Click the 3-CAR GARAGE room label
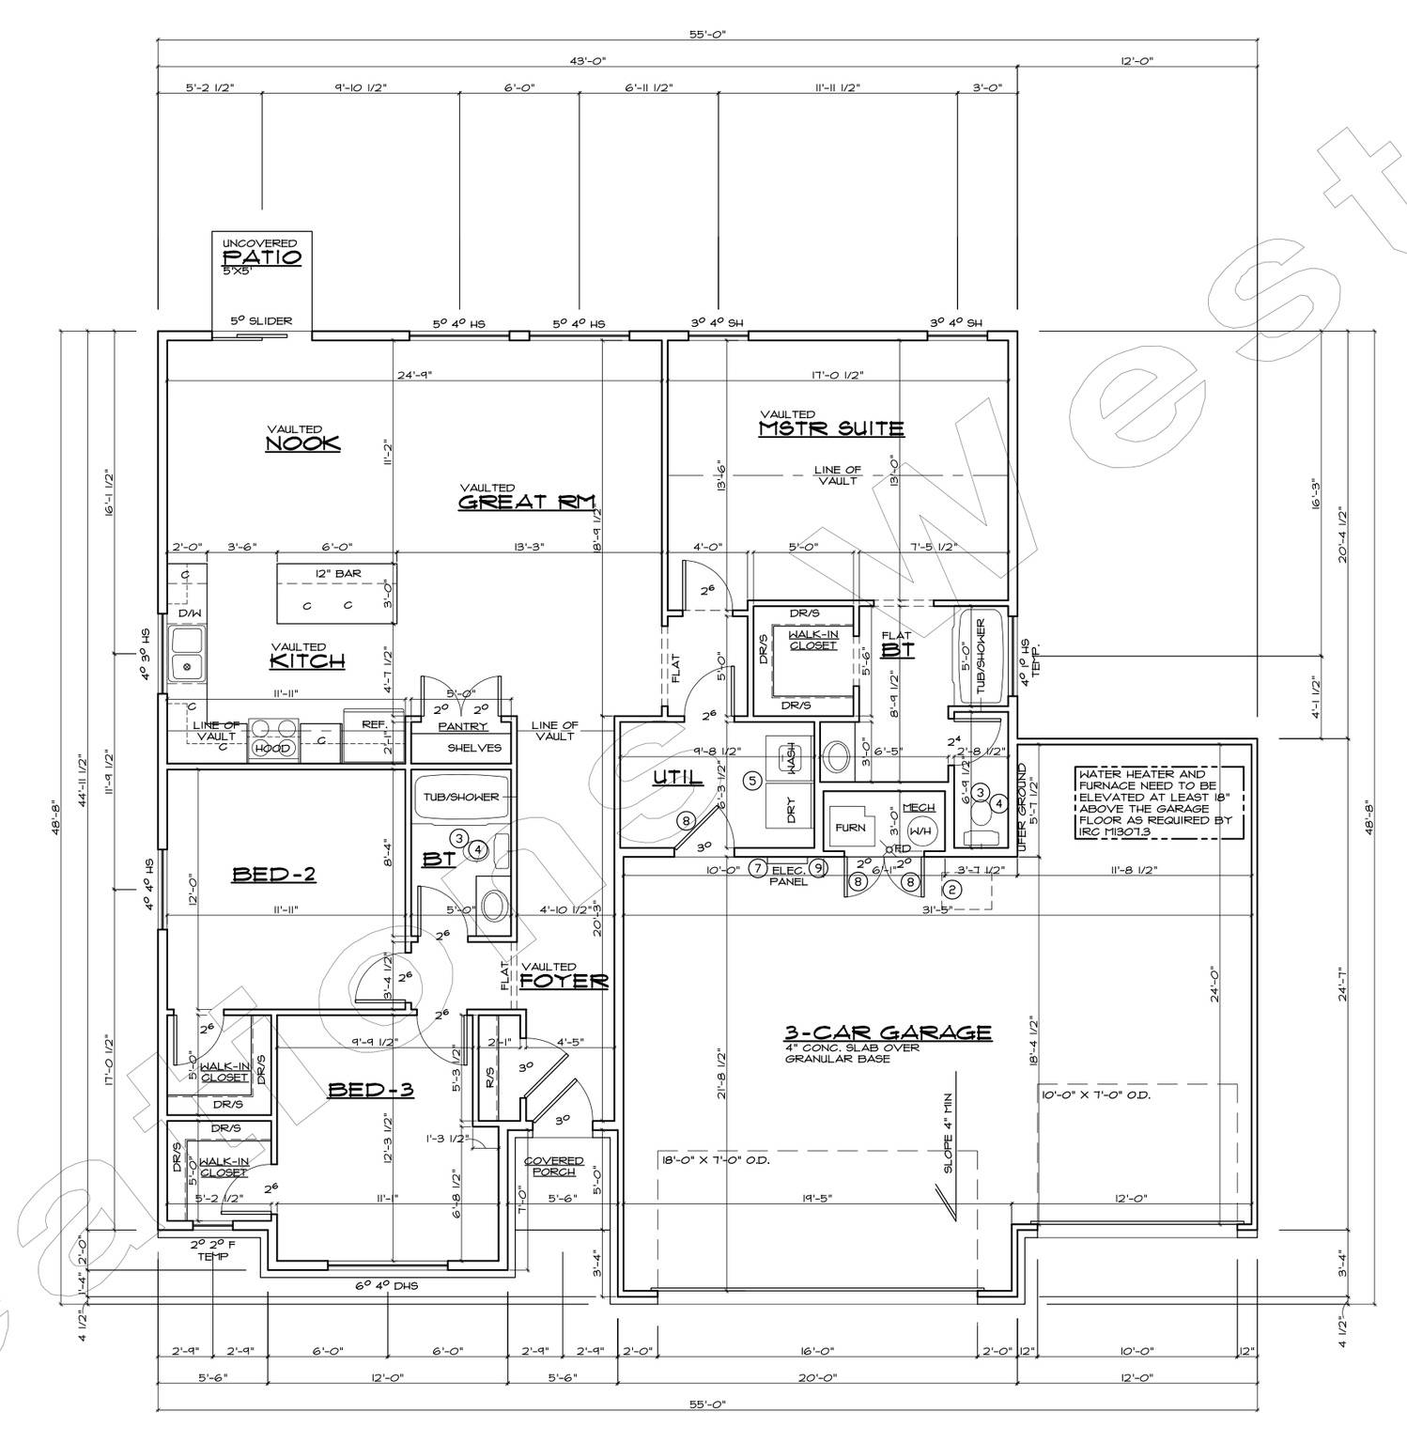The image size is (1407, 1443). click(x=888, y=1032)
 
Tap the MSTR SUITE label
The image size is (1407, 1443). click(x=831, y=428)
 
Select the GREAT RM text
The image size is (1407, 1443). click(x=527, y=502)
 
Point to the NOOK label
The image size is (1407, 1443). click(x=302, y=442)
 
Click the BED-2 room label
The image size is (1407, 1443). click(x=273, y=875)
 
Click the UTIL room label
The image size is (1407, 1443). click(x=678, y=778)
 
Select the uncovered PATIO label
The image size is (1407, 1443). click(x=261, y=256)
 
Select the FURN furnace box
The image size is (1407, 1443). click(x=850, y=828)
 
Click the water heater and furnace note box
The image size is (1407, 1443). click(x=1159, y=801)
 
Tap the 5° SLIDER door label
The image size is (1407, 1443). click(x=261, y=321)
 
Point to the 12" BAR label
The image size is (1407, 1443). click(x=336, y=573)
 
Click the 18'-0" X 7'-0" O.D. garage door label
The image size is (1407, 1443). click(x=715, y=1160)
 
